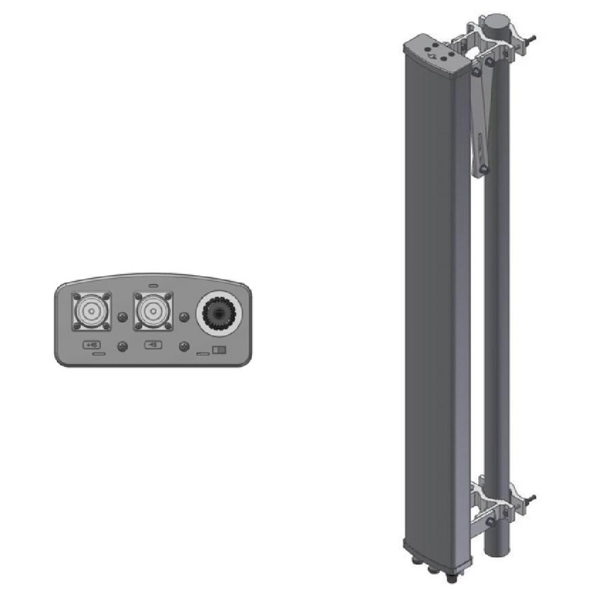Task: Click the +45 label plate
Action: [x=92, y=345]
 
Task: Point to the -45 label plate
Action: [x=154, y=345]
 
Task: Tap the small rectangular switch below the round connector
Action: [x=220, y=350]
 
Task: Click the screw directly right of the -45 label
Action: [x=184, y=346]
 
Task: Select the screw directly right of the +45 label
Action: [x=123, y=346]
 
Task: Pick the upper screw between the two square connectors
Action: [x=123, y=317]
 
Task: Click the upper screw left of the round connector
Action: [x=184, y=317]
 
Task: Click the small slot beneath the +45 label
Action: [x=98, y=355]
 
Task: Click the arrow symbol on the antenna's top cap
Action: [x=433, y=57]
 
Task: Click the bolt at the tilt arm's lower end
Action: [x=483, y=169]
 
